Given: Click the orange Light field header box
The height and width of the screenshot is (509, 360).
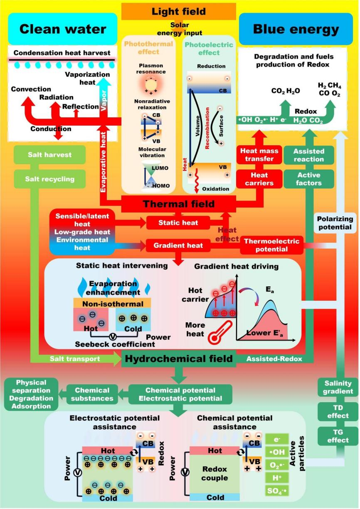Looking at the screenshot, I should (179, 11).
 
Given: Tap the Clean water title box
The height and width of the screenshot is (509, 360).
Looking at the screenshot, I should (62, 29).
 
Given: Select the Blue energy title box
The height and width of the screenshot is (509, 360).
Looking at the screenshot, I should (296, 29).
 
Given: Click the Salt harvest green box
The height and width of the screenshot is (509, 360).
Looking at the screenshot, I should (49, 155).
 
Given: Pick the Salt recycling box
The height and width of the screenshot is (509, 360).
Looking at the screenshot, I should (49, 179).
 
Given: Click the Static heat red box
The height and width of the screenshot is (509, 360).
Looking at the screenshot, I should (178, 223).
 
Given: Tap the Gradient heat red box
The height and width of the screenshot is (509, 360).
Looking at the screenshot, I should (178, 245).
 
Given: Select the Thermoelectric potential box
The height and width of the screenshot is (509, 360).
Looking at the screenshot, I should (271, 245).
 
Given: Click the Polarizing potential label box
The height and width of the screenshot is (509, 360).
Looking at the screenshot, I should (335, 223).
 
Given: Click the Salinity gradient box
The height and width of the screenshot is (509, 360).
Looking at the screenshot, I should (338, 387).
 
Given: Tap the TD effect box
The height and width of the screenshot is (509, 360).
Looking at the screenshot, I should (338, 412).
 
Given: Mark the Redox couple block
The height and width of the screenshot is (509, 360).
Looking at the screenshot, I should (215, 473).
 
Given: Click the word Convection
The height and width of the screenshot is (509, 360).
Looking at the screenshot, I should (31, 89).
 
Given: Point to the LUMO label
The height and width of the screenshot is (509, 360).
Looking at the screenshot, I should (160, 167).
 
